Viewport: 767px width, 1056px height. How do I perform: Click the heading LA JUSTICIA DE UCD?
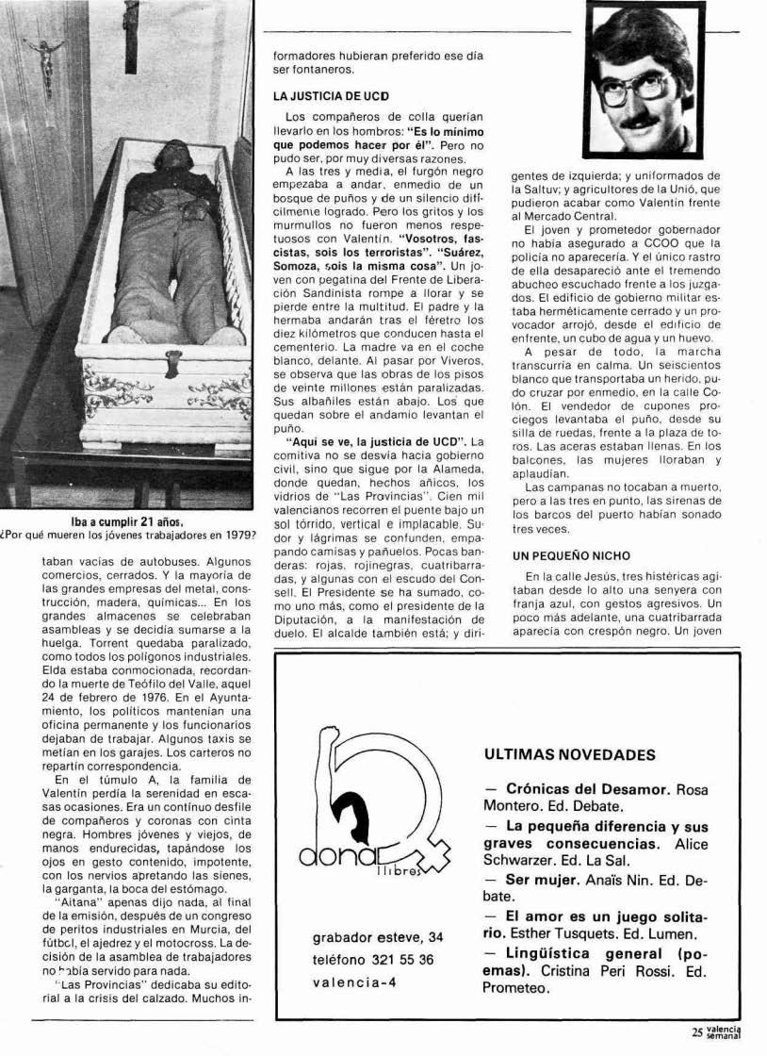pos(331,97)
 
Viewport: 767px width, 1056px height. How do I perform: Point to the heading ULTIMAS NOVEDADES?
pos(568,755)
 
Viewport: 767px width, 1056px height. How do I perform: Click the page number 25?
pos(697,1032)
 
